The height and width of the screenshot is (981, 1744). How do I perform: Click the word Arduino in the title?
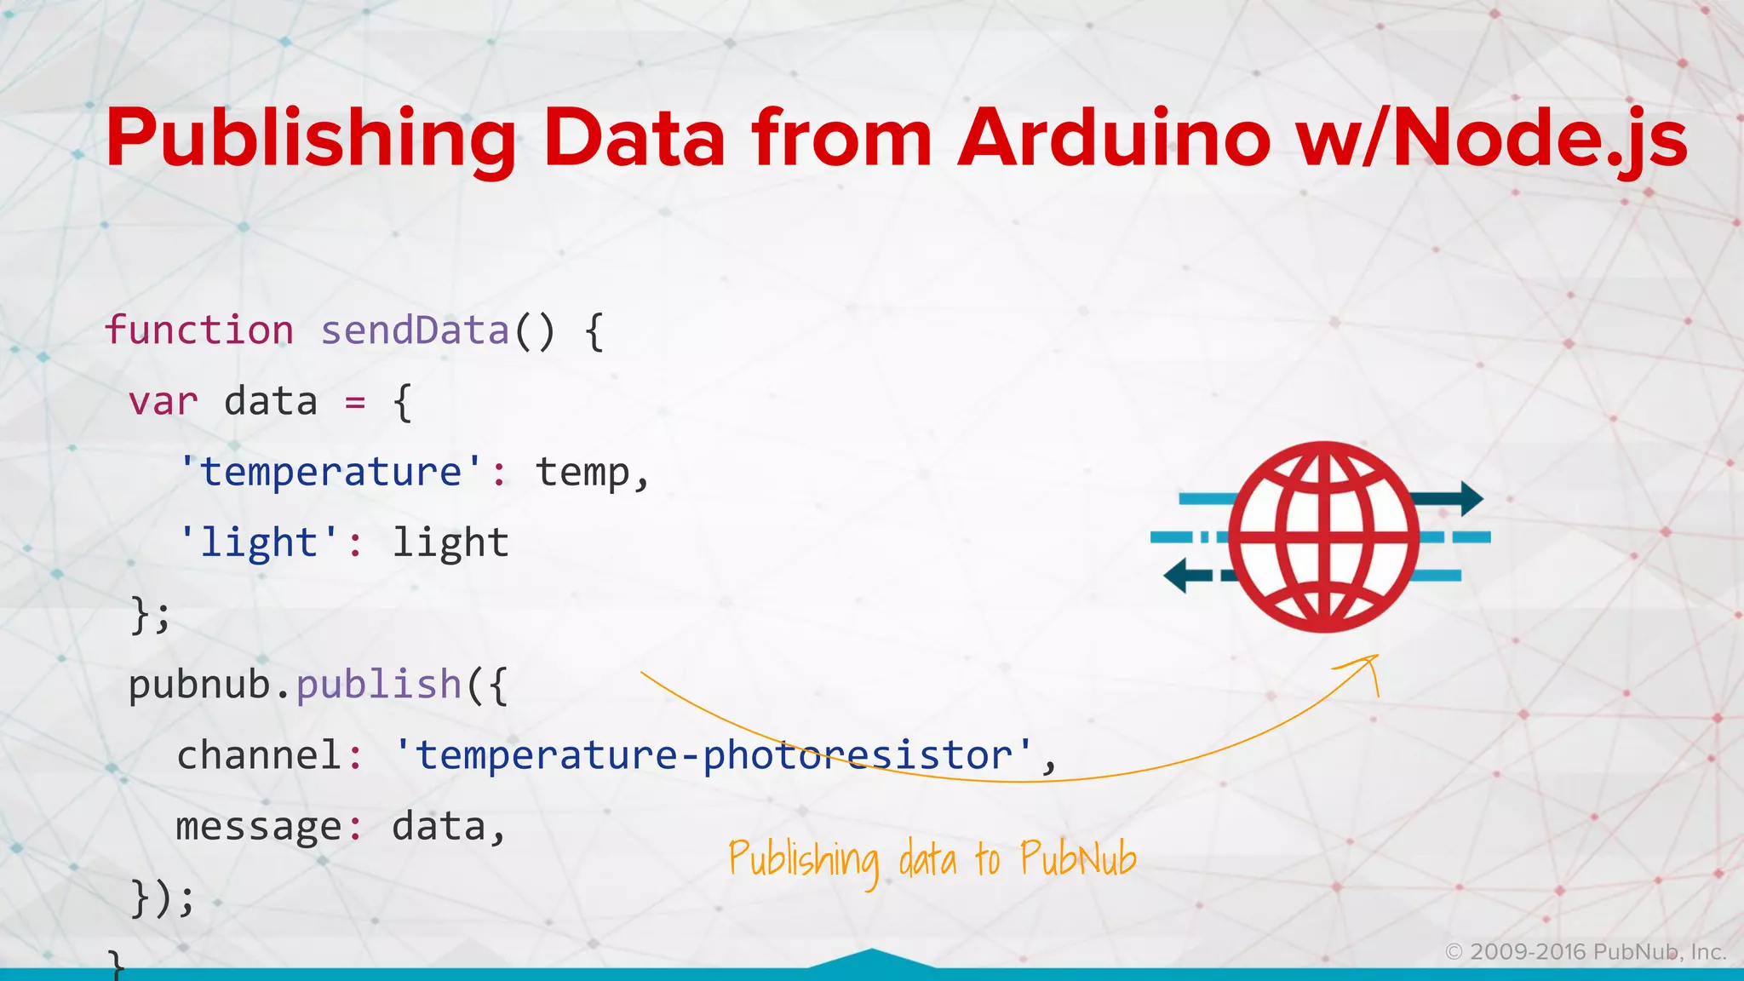pyautogui.click(x=1114, y=139)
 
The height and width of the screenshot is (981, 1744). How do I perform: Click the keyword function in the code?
pyautogui.click(x=199, y=330)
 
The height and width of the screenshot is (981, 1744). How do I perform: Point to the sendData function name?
pyautogui.click(x=415, y=330)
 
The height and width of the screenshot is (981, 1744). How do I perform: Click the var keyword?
pyautogui.click(x=163, y=401)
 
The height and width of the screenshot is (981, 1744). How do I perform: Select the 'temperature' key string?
pyautogui.click(x=330, y=472)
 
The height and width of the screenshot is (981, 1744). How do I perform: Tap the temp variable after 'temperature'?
pyautogui.click(x=583, y=472)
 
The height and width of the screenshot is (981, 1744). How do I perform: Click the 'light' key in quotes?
pyautogui.click(x=259, y=543)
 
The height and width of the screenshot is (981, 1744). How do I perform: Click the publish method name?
pyautogui.click(x=378, y=685)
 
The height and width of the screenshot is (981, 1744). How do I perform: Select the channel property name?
pyautogui.click(x=259, y=755)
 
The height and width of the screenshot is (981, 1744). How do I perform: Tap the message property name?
pyautogui.click(x=259, y=826)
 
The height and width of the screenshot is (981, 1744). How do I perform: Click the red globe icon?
pyautogui.click(x=1323, y=536)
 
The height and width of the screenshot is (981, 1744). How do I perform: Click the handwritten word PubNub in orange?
pyautogui.click(x=1078, y=858)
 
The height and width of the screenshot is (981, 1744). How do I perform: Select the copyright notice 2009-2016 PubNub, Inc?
pyautogui.click(x=1586, y=952)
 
